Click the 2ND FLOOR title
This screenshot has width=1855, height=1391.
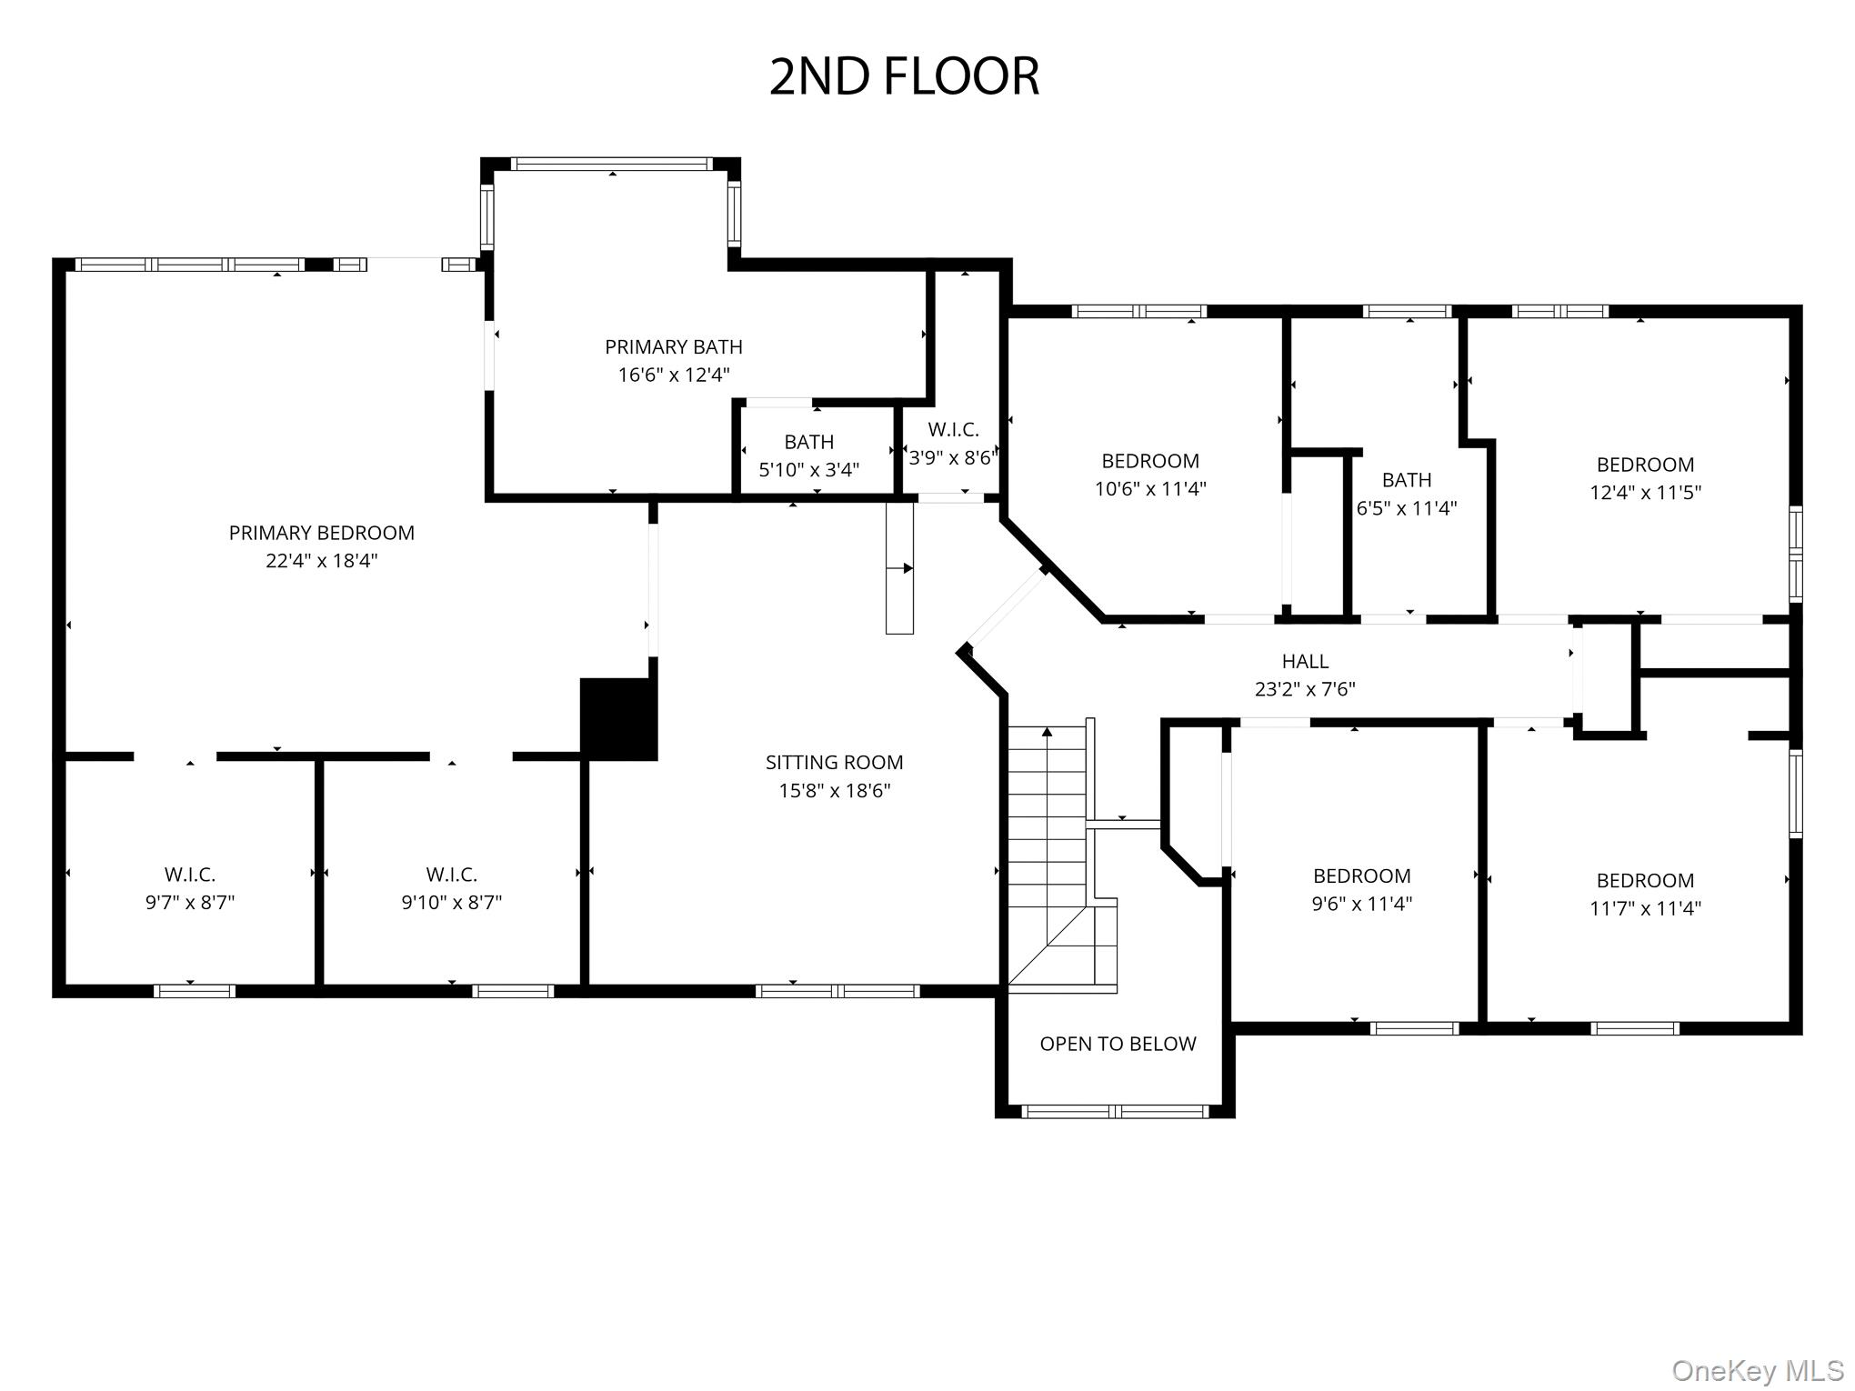point(904,76)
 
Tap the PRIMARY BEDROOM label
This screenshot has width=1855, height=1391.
point(321,533)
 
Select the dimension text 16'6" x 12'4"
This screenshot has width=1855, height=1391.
point(674,375)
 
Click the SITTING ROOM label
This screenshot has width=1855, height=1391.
point(834,762)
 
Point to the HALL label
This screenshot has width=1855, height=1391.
point(1305,661)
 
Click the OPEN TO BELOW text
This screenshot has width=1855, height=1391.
point(1118,1044)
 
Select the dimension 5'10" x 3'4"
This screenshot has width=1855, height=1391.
point(808,470)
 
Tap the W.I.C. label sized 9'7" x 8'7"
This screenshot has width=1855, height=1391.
point(190,875)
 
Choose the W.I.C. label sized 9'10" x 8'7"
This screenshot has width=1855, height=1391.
point(451,875)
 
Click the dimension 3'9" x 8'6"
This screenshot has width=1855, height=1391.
point(952,457)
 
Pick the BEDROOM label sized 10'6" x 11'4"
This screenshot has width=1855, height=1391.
point(1150,461)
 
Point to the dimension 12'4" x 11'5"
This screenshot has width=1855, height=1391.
point(1645,493)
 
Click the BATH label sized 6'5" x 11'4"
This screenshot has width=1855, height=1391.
point(1406,480)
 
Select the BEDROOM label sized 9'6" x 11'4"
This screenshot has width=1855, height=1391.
point(1361,876)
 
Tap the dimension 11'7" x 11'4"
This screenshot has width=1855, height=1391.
point(1645,907)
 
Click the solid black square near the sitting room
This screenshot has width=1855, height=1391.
point(618,718)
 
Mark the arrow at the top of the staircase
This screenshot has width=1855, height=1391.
point(1047,731)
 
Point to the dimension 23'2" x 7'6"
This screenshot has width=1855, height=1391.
point(1305,689)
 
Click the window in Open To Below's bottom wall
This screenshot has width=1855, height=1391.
point(1116,1111)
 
